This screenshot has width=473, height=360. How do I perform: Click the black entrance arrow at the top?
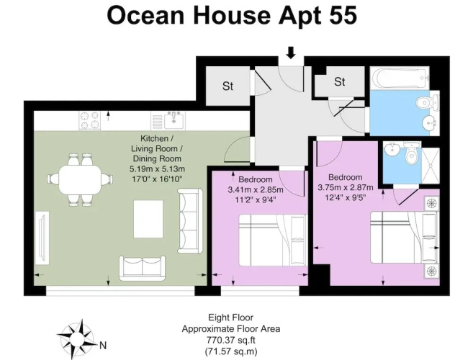coord(291,53)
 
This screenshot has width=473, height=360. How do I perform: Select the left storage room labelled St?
coord(228,86)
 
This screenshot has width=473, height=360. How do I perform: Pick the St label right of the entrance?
coord(340,81)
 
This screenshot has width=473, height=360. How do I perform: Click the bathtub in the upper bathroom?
coord(400,78)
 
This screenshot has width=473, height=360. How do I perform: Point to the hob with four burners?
coord(89,120)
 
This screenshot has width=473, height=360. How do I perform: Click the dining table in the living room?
coord(80,179)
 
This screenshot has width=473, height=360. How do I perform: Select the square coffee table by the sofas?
coord(148,219)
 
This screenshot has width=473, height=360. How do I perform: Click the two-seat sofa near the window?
coord(142,268)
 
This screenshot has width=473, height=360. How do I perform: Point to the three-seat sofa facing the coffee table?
coord(190,220)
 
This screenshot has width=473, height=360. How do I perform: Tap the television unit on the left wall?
coord(42,238)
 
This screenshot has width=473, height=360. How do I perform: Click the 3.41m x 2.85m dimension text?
coord(255,190)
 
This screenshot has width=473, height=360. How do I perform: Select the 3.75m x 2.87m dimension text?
coord(346,188)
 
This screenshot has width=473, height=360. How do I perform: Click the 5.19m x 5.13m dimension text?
coord(157,169)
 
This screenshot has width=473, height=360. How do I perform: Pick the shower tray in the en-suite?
coord(431,166)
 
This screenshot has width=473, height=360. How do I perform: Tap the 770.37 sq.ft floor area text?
coord(231,340)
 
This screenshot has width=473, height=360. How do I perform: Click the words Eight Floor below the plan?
coord(231,318)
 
